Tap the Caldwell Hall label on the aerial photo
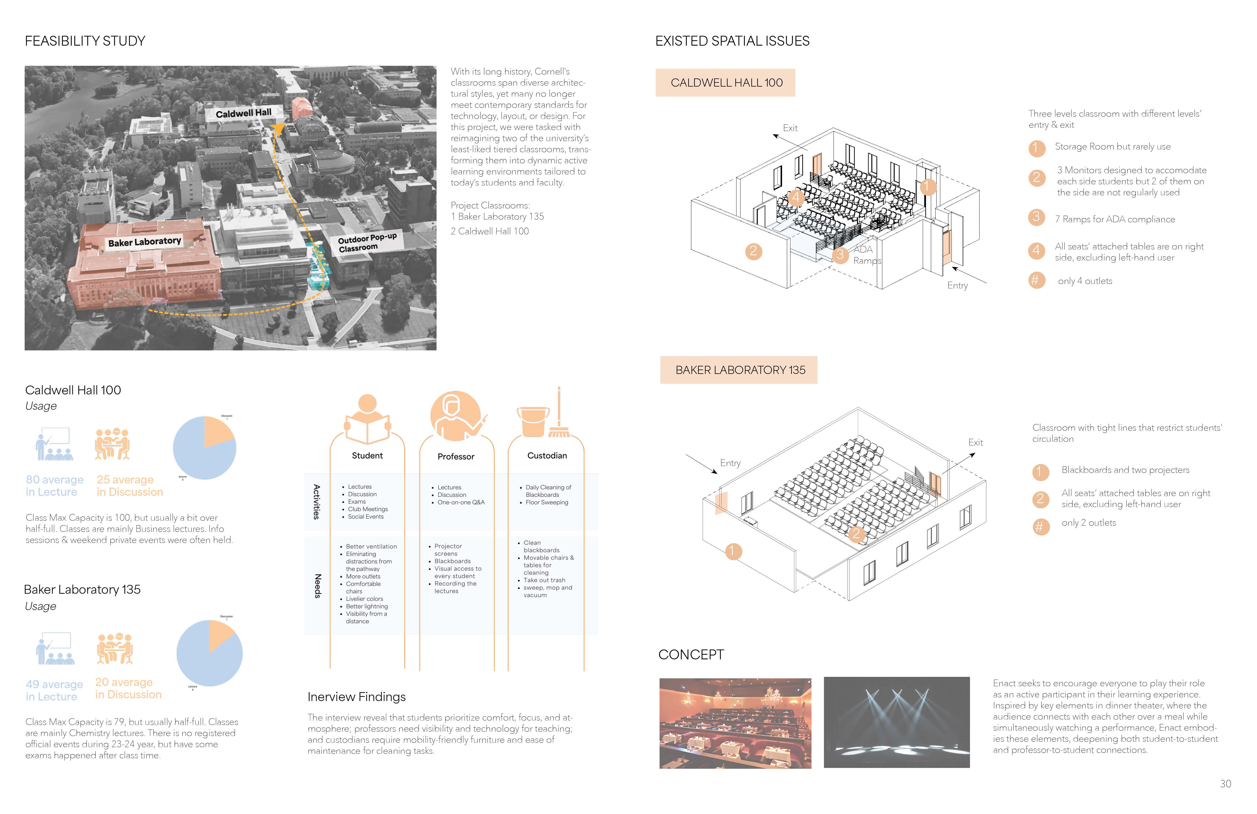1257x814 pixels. tap(244, 112)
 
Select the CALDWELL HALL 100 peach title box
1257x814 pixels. tap(726, 82)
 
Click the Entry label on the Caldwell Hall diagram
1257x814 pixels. tap(957, 285)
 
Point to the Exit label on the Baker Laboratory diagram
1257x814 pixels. tap(975, 443)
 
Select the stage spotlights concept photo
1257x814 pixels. tap(896, 722)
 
